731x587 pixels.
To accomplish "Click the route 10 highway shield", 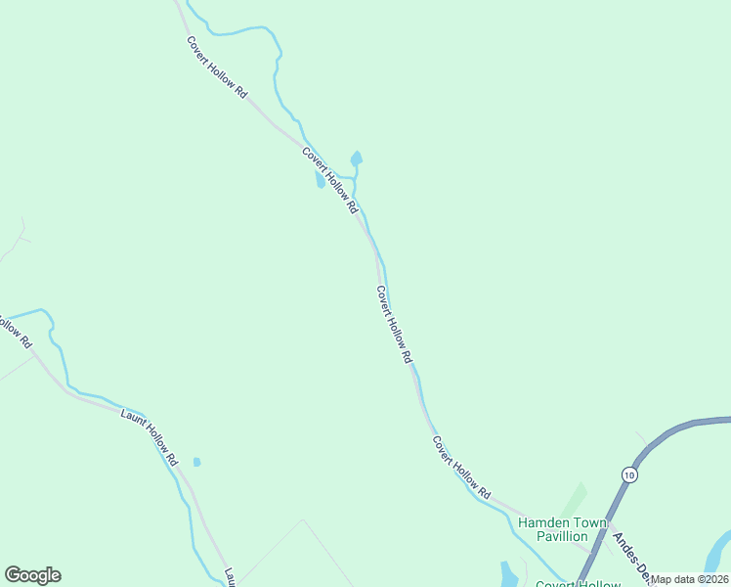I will pos(629,474).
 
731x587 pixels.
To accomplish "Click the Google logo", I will pos(32,575).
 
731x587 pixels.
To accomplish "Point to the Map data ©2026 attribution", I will pos(689,579).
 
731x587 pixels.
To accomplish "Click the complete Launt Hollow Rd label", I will pos(150,437).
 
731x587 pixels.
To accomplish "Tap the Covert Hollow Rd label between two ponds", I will pos(330,181).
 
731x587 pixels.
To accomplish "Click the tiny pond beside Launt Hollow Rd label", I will pos(196,462).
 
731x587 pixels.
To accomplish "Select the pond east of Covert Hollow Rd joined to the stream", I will pos(357,158).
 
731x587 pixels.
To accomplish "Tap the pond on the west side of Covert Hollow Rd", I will pos(320,181).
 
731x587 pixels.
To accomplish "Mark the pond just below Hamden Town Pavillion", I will pos(508,573).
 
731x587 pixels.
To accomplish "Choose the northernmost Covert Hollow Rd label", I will pos(217,67).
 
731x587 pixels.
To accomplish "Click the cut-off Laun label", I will pos(231,577).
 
